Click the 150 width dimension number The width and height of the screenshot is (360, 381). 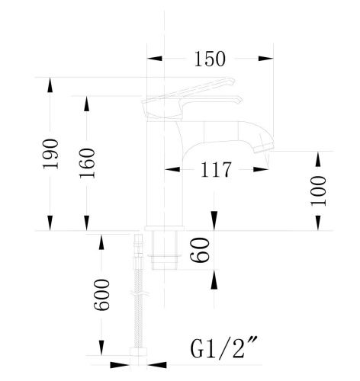pos(210,59)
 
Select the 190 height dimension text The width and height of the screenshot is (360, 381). pos(50,154)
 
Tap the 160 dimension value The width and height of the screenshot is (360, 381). pos(87,163)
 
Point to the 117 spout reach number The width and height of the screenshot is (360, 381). pos(216,169)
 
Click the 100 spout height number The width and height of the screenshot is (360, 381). pos(318,191)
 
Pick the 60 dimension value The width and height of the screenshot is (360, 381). pos(200,250)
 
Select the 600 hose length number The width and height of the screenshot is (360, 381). pos(101,295)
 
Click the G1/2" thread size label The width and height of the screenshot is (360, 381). pos(224,347)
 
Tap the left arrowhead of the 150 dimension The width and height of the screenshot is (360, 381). pos(155,59)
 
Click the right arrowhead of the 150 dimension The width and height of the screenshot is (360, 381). pos(266,59)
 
